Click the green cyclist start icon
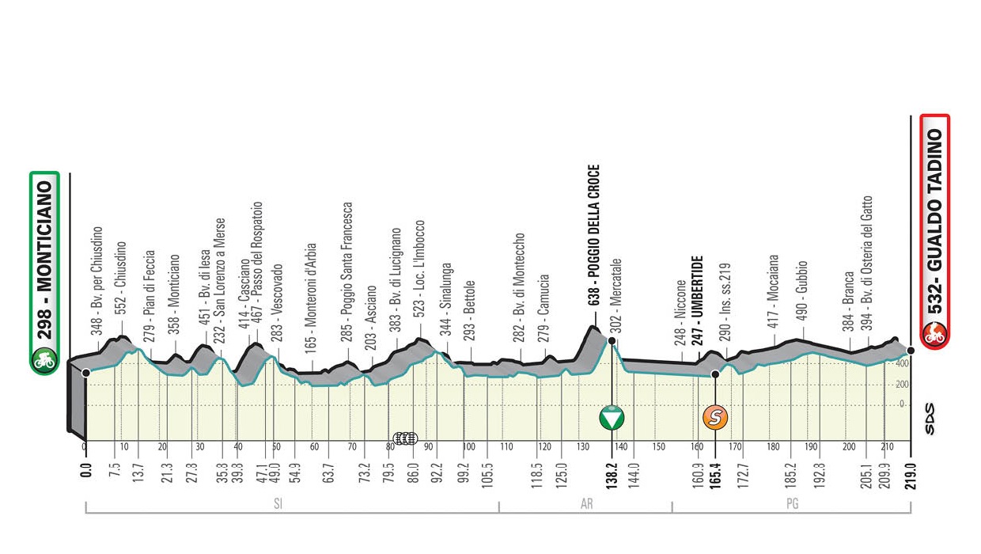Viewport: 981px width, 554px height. pos(44,361)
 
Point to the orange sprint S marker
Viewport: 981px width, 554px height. pos(715,416)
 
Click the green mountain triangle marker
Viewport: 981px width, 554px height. pos(611,416)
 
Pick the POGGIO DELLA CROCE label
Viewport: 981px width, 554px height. pos(595,235)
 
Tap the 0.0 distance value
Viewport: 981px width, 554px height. pos(85,472)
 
